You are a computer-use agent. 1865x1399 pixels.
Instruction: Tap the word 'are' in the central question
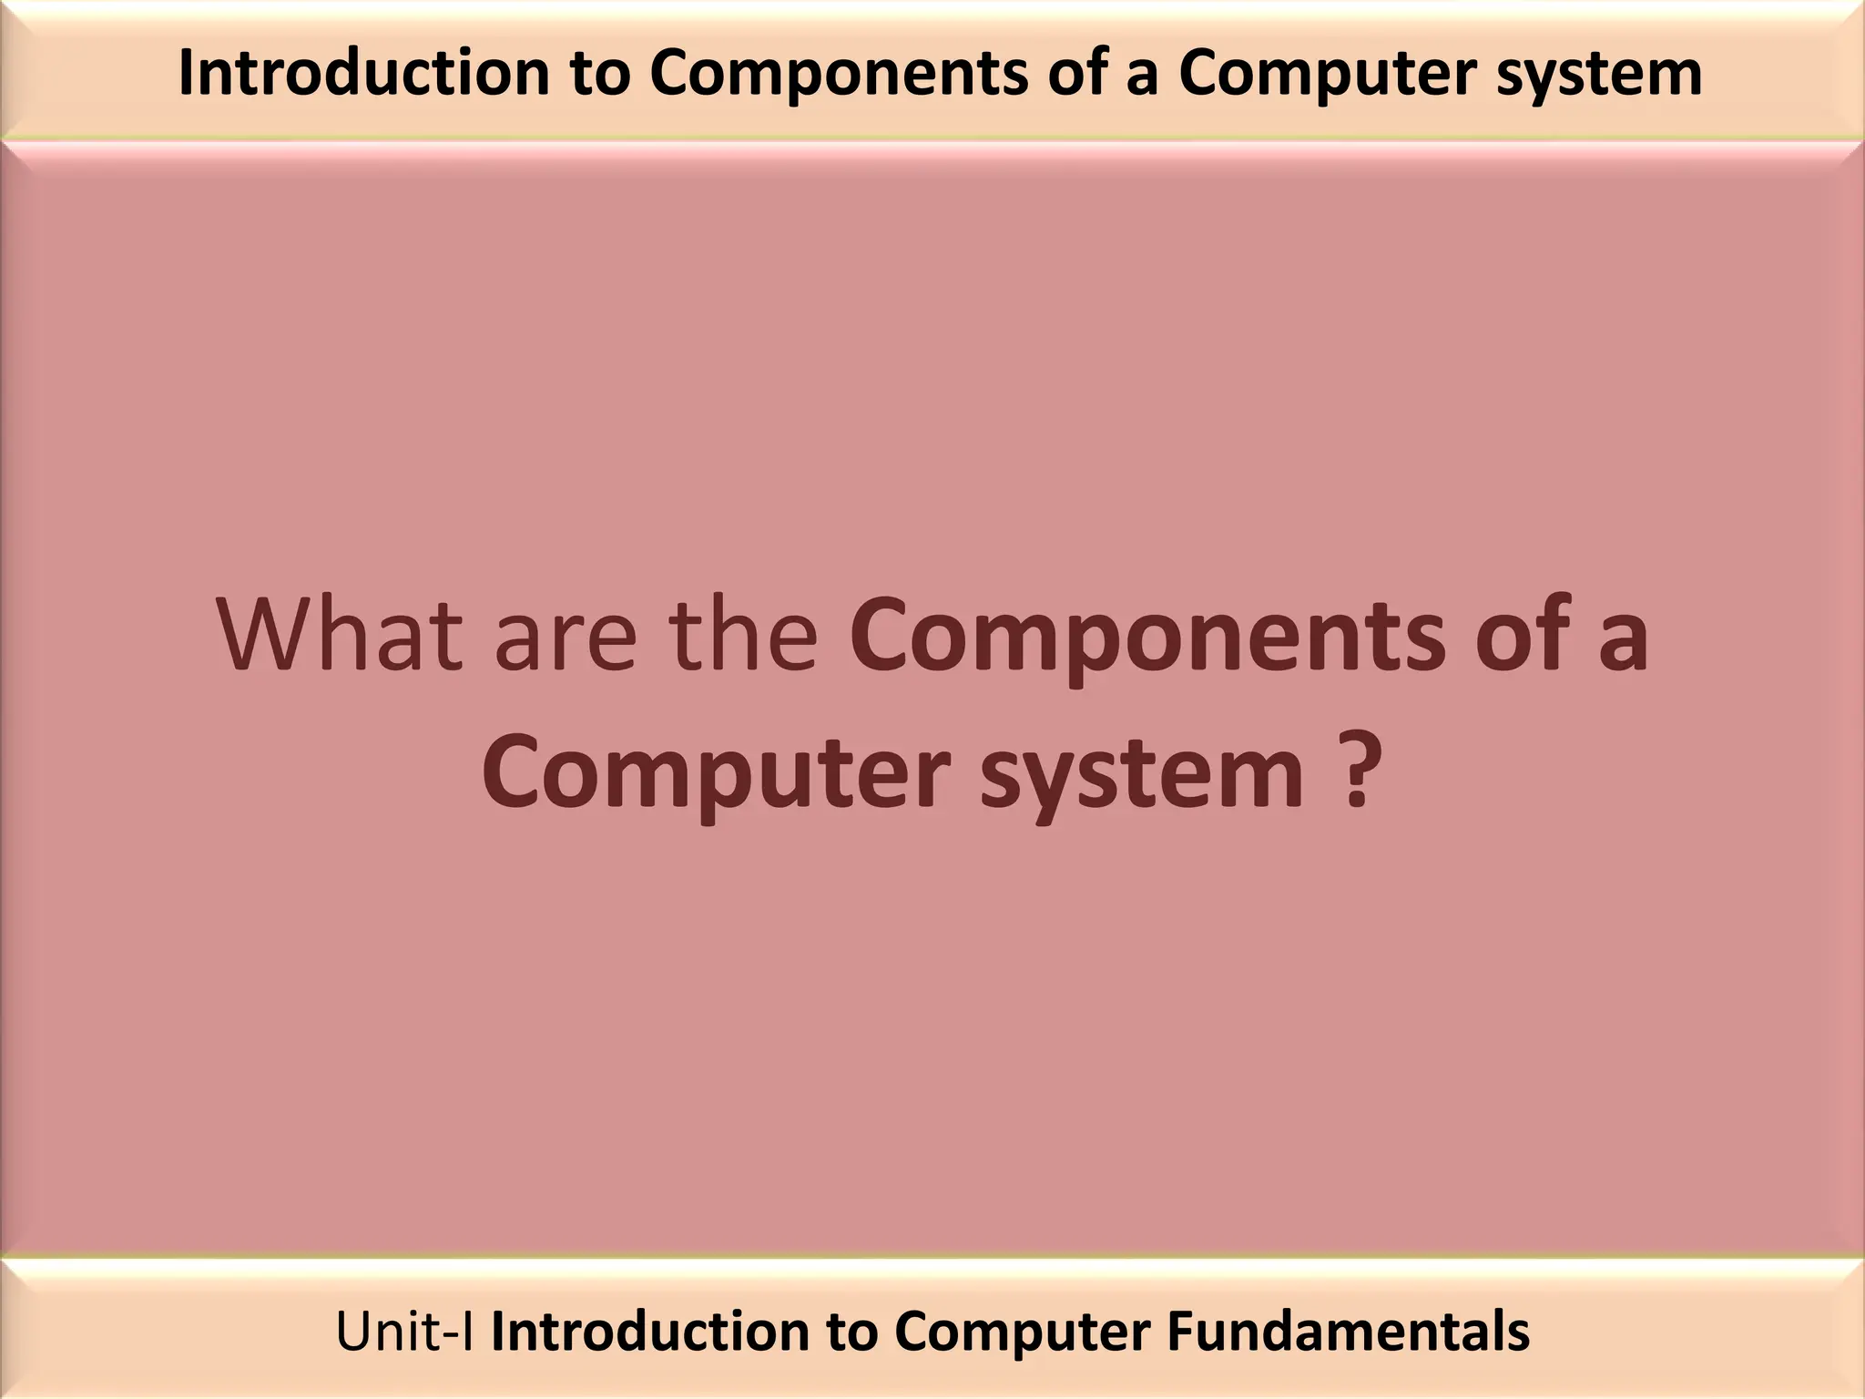[x=566, y=638]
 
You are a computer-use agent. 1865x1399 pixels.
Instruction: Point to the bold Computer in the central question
[x=716, y=774]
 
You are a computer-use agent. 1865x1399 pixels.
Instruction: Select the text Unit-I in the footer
[x=405, y=1332]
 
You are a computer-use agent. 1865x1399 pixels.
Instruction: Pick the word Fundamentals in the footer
[x=1348, y=1332]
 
